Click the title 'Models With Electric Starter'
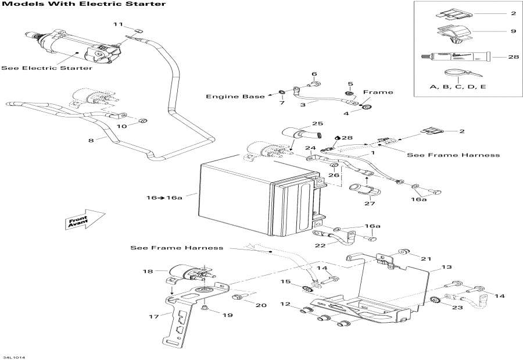tap(84, 4)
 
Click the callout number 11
tap(118, 24)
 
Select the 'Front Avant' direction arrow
tap(84, 220)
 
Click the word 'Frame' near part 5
tap(378, 92)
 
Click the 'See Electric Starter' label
tap(46, 68)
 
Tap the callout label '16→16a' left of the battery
tap(164, 198)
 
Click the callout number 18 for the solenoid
tap(148, 271)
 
